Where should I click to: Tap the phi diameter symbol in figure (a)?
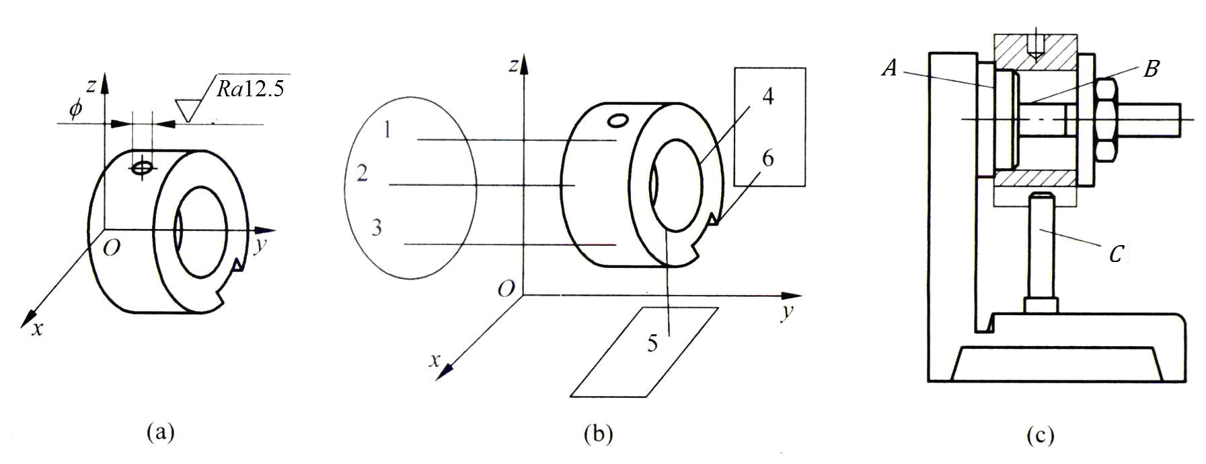(75, 110)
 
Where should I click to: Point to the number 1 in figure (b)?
(387, 129)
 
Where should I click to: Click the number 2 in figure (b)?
(363, 174)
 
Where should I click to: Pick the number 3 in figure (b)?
(377, 227)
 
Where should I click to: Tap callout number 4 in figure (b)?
(768, 96)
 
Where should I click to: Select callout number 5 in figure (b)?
(652, 343)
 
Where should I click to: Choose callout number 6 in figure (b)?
(767, 158)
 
